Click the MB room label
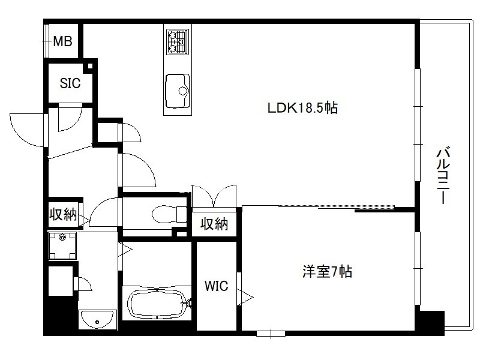tap(63, 41)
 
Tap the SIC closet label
tap(70, 83)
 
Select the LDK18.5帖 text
tap(303, 108)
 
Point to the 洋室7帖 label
tap(327, 271)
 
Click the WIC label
tap(217, 286)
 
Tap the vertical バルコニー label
tap(443, 175)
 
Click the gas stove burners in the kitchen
tap(178, 41)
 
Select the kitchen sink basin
tap(178, 91)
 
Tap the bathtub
tap(157, 304)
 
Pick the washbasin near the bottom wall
tap(97, 319)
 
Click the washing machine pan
tap(62, 246)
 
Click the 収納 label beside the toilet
tap(214, 224)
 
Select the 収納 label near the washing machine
tap(63, 214)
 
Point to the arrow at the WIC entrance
tap(245, 297)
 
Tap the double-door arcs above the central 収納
tap(214, 196)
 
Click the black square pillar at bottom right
tap(431, 323)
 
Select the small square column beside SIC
tap(90, 66)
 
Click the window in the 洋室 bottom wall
tap(271, 334)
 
